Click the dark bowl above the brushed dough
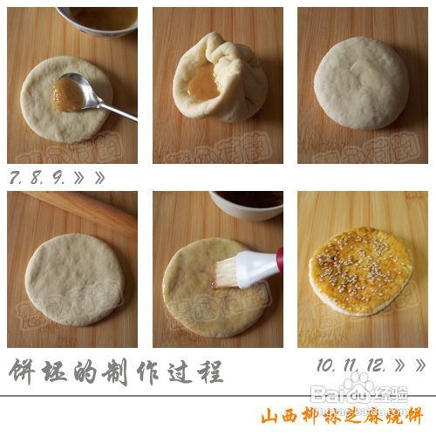point(248,203)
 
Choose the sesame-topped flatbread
point(361,270)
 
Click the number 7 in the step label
point(16,177)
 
